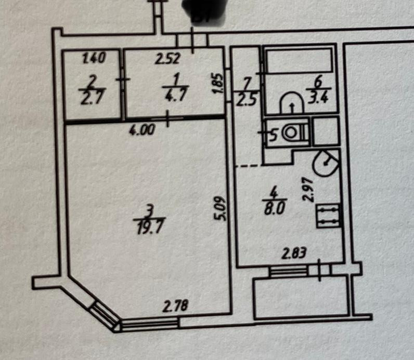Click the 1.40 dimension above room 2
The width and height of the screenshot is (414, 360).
94,58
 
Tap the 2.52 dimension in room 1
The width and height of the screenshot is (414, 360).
167,58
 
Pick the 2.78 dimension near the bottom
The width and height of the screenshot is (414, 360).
175,307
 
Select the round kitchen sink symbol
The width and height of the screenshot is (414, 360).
326,163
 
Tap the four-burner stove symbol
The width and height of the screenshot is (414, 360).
328,216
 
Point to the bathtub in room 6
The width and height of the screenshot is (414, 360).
299,60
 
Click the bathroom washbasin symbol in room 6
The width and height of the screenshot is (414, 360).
292,103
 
